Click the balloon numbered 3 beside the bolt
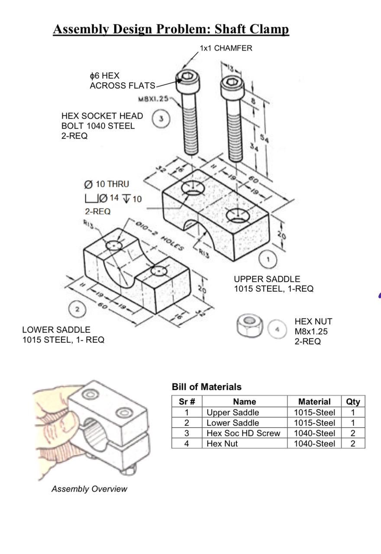(x=161, y=119)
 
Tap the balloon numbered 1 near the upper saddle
(x=268, y=260)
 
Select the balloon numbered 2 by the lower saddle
(x=77, y=309)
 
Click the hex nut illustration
(x=250, y=326)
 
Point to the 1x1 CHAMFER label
(x=226, y=48)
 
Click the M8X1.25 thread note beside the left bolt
(x=153, y=99)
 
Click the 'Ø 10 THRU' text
(x=107, y=184)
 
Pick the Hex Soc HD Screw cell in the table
(x=243, y=433)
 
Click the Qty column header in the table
(x=353, y=402)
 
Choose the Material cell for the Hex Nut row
(x=314, y=444)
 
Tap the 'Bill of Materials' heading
(x=207, y=387)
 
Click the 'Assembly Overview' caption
(x=89, y=489)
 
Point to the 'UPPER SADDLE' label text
(x=267, y=279)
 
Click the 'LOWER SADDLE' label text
(x=56, y=330)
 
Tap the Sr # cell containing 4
(x=187, y=444)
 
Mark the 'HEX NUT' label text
(x=313, y=322)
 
